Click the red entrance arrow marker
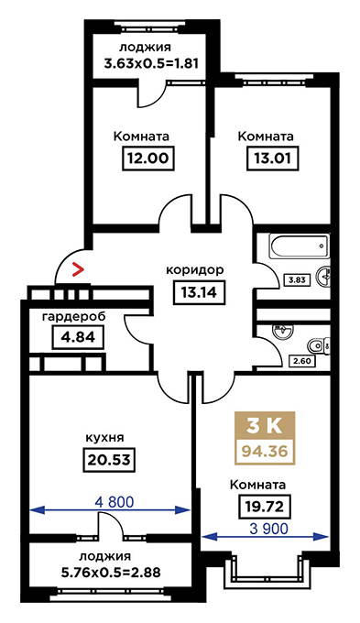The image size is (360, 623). coord(77,269)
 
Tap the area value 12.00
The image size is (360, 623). coord(147,158)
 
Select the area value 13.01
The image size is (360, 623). coord(273,158)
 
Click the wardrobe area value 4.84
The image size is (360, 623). coord(78,338)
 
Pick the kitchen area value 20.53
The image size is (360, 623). coord(109,460)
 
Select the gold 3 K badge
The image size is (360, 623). coord(265,426)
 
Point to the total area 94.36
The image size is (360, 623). coord(265,452)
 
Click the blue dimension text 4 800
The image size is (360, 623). coord(114,502)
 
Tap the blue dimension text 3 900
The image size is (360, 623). coord(269,529)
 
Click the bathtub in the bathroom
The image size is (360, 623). coord(300,246)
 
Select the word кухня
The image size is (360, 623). coord(104,438)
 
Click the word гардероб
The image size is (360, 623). coord(74,317)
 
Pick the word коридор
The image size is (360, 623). coord(195,270)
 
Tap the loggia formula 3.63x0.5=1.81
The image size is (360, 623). coord(151,63)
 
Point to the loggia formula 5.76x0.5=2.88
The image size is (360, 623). coord(111,573)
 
